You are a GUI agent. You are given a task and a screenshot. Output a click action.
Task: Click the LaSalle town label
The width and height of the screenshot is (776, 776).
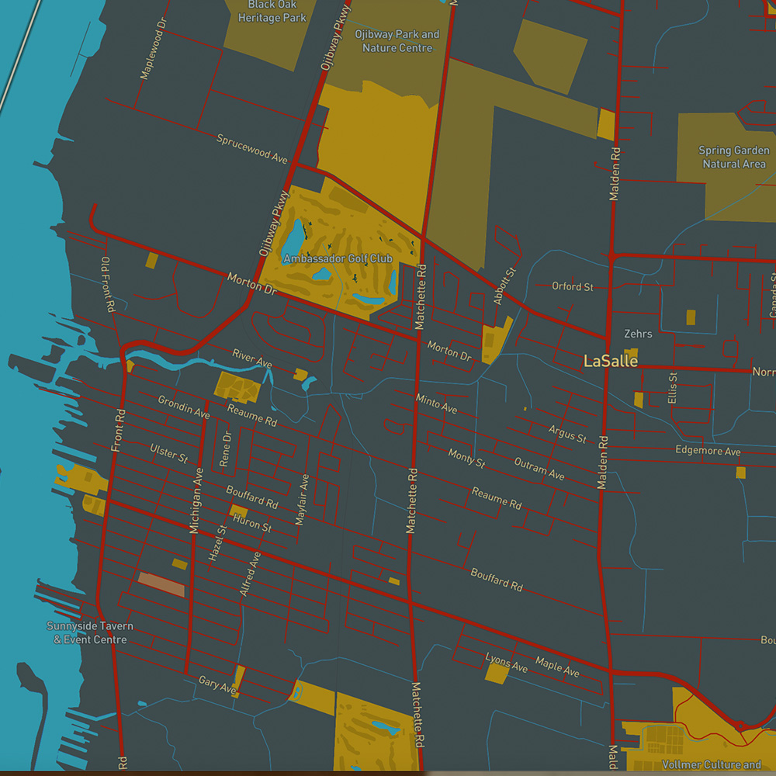click(611, 361)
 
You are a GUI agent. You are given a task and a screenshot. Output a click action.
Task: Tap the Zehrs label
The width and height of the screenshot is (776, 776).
click(638, 334)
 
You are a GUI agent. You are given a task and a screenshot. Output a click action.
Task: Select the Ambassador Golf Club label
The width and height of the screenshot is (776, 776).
click(338, 258)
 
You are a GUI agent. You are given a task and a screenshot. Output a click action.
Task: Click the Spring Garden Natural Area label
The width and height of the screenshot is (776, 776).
click(734, 157)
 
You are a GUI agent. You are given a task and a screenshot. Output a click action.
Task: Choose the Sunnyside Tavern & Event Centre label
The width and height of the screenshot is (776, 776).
click(89, 632)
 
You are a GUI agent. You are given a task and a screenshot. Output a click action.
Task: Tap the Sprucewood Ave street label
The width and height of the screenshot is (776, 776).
click(251, 149)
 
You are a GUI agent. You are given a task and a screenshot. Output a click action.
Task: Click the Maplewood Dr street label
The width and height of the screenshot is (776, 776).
click(152, 50)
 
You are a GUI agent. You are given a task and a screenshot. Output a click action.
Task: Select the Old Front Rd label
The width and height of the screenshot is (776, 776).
click(108, 285)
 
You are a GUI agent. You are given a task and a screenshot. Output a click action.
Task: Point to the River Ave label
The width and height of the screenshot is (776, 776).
click(252, 358)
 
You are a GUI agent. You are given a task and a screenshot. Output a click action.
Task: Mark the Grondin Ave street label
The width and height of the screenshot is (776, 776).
click(184, 407)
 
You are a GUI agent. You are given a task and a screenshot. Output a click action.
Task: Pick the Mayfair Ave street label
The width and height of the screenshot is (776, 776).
click(303, 500)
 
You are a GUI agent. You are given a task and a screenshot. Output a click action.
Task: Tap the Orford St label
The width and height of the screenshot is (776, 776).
click(572, 287)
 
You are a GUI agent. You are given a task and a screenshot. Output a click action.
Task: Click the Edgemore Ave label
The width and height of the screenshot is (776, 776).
click(708, 451)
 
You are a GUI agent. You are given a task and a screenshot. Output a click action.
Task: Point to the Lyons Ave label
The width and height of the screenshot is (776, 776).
click(506, 663)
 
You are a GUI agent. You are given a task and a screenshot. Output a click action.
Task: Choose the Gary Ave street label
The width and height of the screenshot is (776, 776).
click(217, 684)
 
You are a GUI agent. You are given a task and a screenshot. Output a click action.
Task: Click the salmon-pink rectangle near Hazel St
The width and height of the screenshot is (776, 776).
click(161, 584)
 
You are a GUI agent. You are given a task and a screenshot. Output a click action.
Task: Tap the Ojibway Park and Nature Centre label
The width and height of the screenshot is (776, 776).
click(397, 41)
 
